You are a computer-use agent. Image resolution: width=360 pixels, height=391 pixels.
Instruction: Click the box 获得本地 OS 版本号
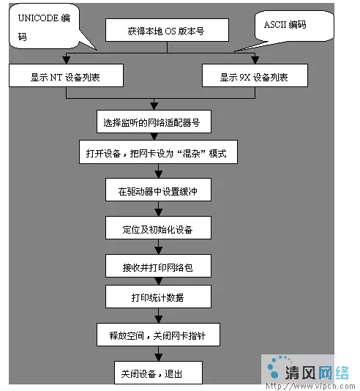(167, 30)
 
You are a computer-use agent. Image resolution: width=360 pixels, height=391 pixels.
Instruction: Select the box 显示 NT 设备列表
(66, 75)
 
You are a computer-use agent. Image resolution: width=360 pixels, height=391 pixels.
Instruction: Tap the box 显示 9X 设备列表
(255, 75)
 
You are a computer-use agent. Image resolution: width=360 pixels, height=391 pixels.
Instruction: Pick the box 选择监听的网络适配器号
(154, 122)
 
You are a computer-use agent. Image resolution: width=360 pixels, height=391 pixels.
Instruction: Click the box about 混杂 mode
(158, 152)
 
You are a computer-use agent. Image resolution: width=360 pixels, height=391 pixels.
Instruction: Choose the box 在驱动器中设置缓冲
(158, 190)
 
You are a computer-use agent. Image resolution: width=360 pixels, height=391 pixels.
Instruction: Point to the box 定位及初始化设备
(158, 228)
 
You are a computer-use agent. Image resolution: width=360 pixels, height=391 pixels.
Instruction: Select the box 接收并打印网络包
(158, 266)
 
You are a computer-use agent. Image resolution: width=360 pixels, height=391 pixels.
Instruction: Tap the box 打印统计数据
(158, 297)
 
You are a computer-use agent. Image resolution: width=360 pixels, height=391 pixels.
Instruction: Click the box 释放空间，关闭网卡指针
(158, 335)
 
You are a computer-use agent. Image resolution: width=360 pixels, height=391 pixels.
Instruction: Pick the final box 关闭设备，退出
(158, 373)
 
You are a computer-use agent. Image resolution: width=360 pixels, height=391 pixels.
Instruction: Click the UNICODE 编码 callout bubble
(45, 26)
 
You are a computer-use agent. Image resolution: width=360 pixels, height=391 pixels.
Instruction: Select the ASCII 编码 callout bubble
(294, 26)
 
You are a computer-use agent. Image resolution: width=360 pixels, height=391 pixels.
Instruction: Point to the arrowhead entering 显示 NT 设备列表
(66, 60)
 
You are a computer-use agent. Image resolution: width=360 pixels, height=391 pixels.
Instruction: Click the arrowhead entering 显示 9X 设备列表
(255, 60)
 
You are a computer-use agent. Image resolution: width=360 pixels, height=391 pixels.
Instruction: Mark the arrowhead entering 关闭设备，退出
(159, 357)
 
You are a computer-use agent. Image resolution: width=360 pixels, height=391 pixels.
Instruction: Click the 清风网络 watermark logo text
(317, 373)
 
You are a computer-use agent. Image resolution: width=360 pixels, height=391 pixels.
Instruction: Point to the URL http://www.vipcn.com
(310, 386)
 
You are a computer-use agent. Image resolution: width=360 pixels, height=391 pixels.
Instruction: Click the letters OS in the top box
(170, 31)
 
